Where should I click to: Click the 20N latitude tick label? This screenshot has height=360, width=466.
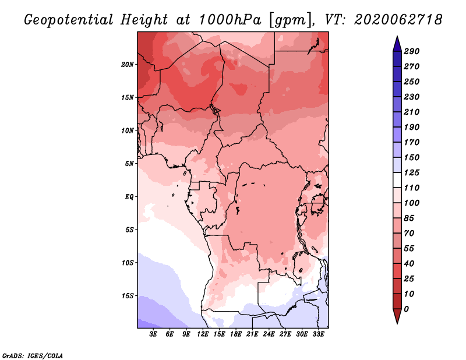point(128,65)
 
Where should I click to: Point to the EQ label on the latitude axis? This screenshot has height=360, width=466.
point(129,197)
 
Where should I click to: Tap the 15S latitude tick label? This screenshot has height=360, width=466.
point(128,296)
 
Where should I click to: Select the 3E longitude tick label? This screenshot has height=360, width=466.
point(153,334)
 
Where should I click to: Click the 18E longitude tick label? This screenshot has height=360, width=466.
point(236,334)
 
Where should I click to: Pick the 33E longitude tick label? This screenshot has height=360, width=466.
point(318,334)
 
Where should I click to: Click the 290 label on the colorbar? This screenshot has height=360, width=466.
point(412,51)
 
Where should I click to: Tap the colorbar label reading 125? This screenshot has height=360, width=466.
point(412,172)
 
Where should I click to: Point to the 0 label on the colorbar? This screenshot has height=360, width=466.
point(406,309)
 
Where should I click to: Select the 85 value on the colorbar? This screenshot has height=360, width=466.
point(409,218)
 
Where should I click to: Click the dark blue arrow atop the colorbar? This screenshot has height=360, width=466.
point(397,44)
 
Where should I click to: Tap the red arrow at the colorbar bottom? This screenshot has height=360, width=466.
point(397,316)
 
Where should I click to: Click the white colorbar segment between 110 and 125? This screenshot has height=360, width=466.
point(397,180)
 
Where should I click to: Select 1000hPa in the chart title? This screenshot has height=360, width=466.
point(230,20)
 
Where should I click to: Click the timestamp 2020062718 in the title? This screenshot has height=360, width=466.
point(398,20)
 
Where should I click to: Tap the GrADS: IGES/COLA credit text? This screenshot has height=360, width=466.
point(33,356)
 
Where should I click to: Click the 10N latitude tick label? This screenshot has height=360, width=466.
point(128,130)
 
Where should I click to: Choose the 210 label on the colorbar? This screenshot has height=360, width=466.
point(412,112)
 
